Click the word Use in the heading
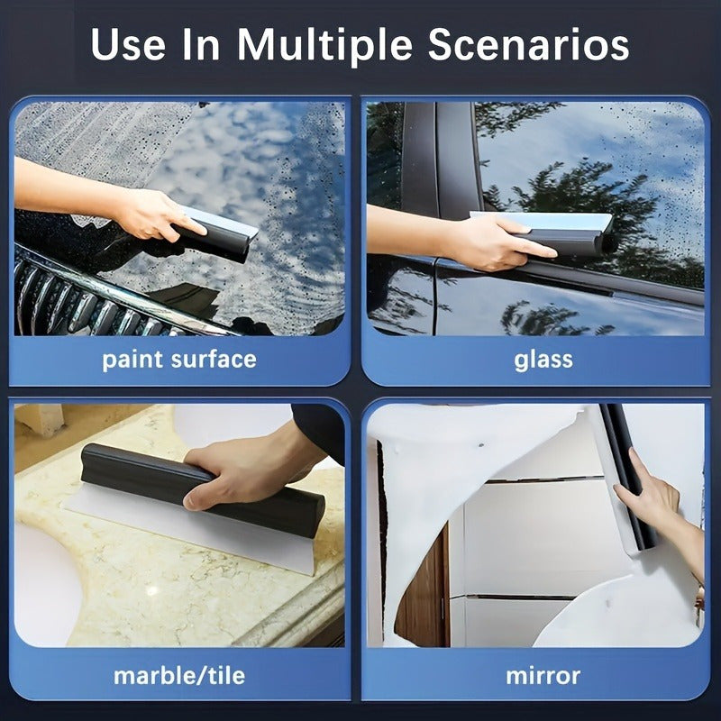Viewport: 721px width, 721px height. [x=128, y=44]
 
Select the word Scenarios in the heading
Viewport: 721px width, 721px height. [x=528, y=44]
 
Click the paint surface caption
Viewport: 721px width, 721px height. [x=178, y=360]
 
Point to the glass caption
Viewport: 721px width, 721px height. [x=543, y=359]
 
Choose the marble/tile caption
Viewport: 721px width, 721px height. [x=178, y=675]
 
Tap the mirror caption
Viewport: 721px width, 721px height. [x=543, y=675]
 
